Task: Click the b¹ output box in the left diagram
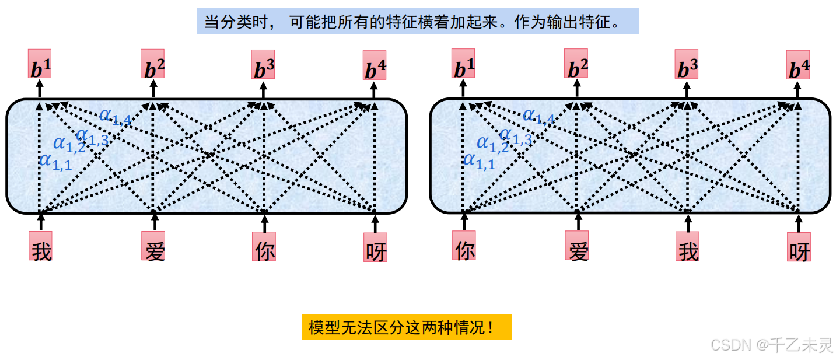pos(40,65)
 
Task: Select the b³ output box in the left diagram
pos(263,65)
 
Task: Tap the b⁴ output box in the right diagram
pos(798,65)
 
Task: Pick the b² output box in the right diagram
pos(576,65)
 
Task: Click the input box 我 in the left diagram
pos(41,246)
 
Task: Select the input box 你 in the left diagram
pos(264,246)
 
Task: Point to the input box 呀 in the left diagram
pos(375,247)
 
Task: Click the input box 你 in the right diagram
pos(464,246)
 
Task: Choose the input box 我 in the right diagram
pos(687,246)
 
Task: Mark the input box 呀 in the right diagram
pos(799,247)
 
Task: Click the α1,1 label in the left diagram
pos(55,161)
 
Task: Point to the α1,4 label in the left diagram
pos(115,116)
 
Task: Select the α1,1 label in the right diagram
pos(479,161)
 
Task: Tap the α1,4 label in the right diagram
pos(538,116)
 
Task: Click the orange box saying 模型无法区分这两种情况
pos(407,327)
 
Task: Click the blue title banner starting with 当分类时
pos(418,21)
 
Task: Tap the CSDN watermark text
pos(771,345)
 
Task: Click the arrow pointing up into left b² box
pos(153,89)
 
